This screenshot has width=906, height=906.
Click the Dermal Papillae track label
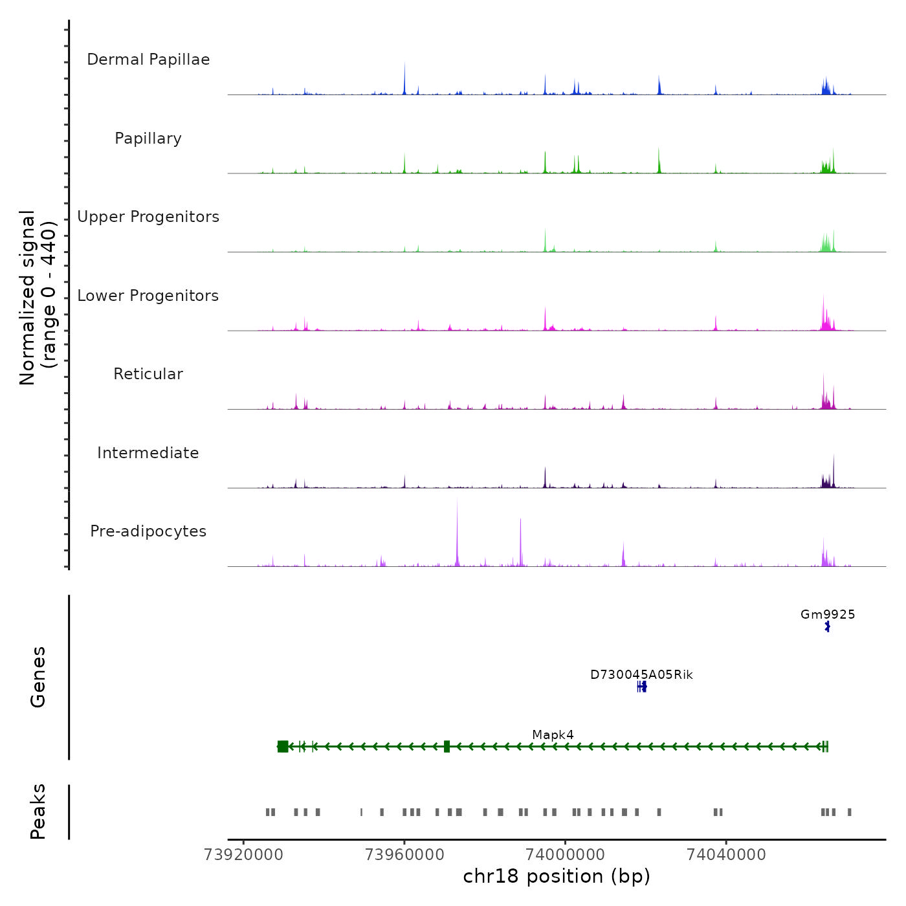pos(148,60)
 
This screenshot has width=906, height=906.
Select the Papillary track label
pos(148,138)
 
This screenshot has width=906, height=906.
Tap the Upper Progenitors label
pos(148,217)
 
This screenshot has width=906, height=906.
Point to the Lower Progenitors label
pos(148,296)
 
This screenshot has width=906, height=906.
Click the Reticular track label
pos(148,374)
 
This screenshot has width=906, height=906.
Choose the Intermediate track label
pos(148,453)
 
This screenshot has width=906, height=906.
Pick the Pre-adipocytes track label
pos(148,531)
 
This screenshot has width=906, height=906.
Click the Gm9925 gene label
pos(828,614)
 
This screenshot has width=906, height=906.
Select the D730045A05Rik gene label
pos(641,675)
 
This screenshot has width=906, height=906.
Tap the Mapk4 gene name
pos(553,735)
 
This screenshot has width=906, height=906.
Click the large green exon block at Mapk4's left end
pos(283,746)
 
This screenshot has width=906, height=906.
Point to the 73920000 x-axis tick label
pos(243,854)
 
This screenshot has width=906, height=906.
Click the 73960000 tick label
pos(404,854)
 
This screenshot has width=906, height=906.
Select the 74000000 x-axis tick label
pos(565,854)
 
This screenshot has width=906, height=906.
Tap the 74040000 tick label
pos(726,854)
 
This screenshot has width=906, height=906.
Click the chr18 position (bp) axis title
pos(557,876)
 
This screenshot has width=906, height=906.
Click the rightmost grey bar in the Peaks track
pos(850,812)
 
